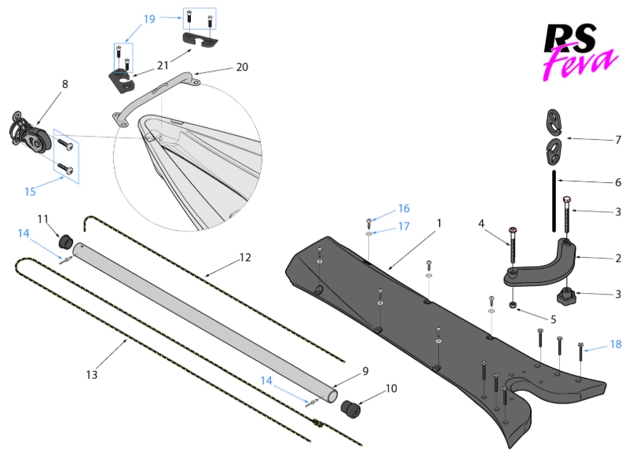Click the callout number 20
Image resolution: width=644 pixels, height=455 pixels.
242,67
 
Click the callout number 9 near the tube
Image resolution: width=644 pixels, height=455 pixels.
365,371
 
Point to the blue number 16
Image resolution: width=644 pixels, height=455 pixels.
404,208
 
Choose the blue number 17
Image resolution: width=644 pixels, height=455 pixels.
404,226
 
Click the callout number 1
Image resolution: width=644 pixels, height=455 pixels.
439,223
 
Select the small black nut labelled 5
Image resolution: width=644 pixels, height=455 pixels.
513,304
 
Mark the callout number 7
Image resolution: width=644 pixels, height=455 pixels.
618,140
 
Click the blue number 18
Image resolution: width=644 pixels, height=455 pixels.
617,343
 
